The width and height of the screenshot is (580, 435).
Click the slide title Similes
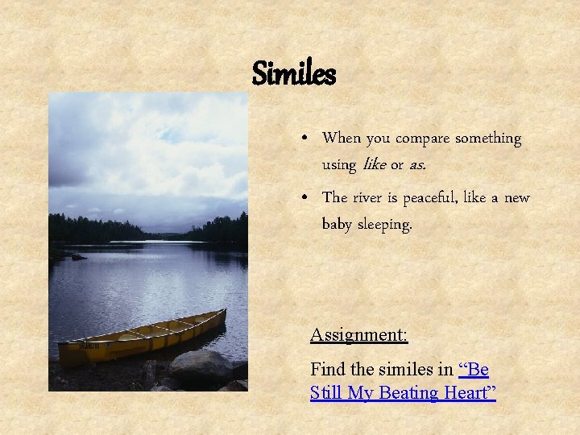point(293,74)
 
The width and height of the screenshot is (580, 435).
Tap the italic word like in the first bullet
point(375,164)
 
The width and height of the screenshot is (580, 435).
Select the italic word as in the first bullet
point(416,165)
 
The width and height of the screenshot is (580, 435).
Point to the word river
point(370,197)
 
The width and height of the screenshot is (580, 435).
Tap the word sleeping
point(386,225)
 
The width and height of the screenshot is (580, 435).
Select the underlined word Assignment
point(358,334)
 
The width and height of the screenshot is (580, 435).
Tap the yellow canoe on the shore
point(142,337)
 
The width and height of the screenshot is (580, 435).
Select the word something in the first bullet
point(488,139)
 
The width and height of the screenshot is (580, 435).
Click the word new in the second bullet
point(517,197)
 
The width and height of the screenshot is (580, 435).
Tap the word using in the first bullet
point(338,165)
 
